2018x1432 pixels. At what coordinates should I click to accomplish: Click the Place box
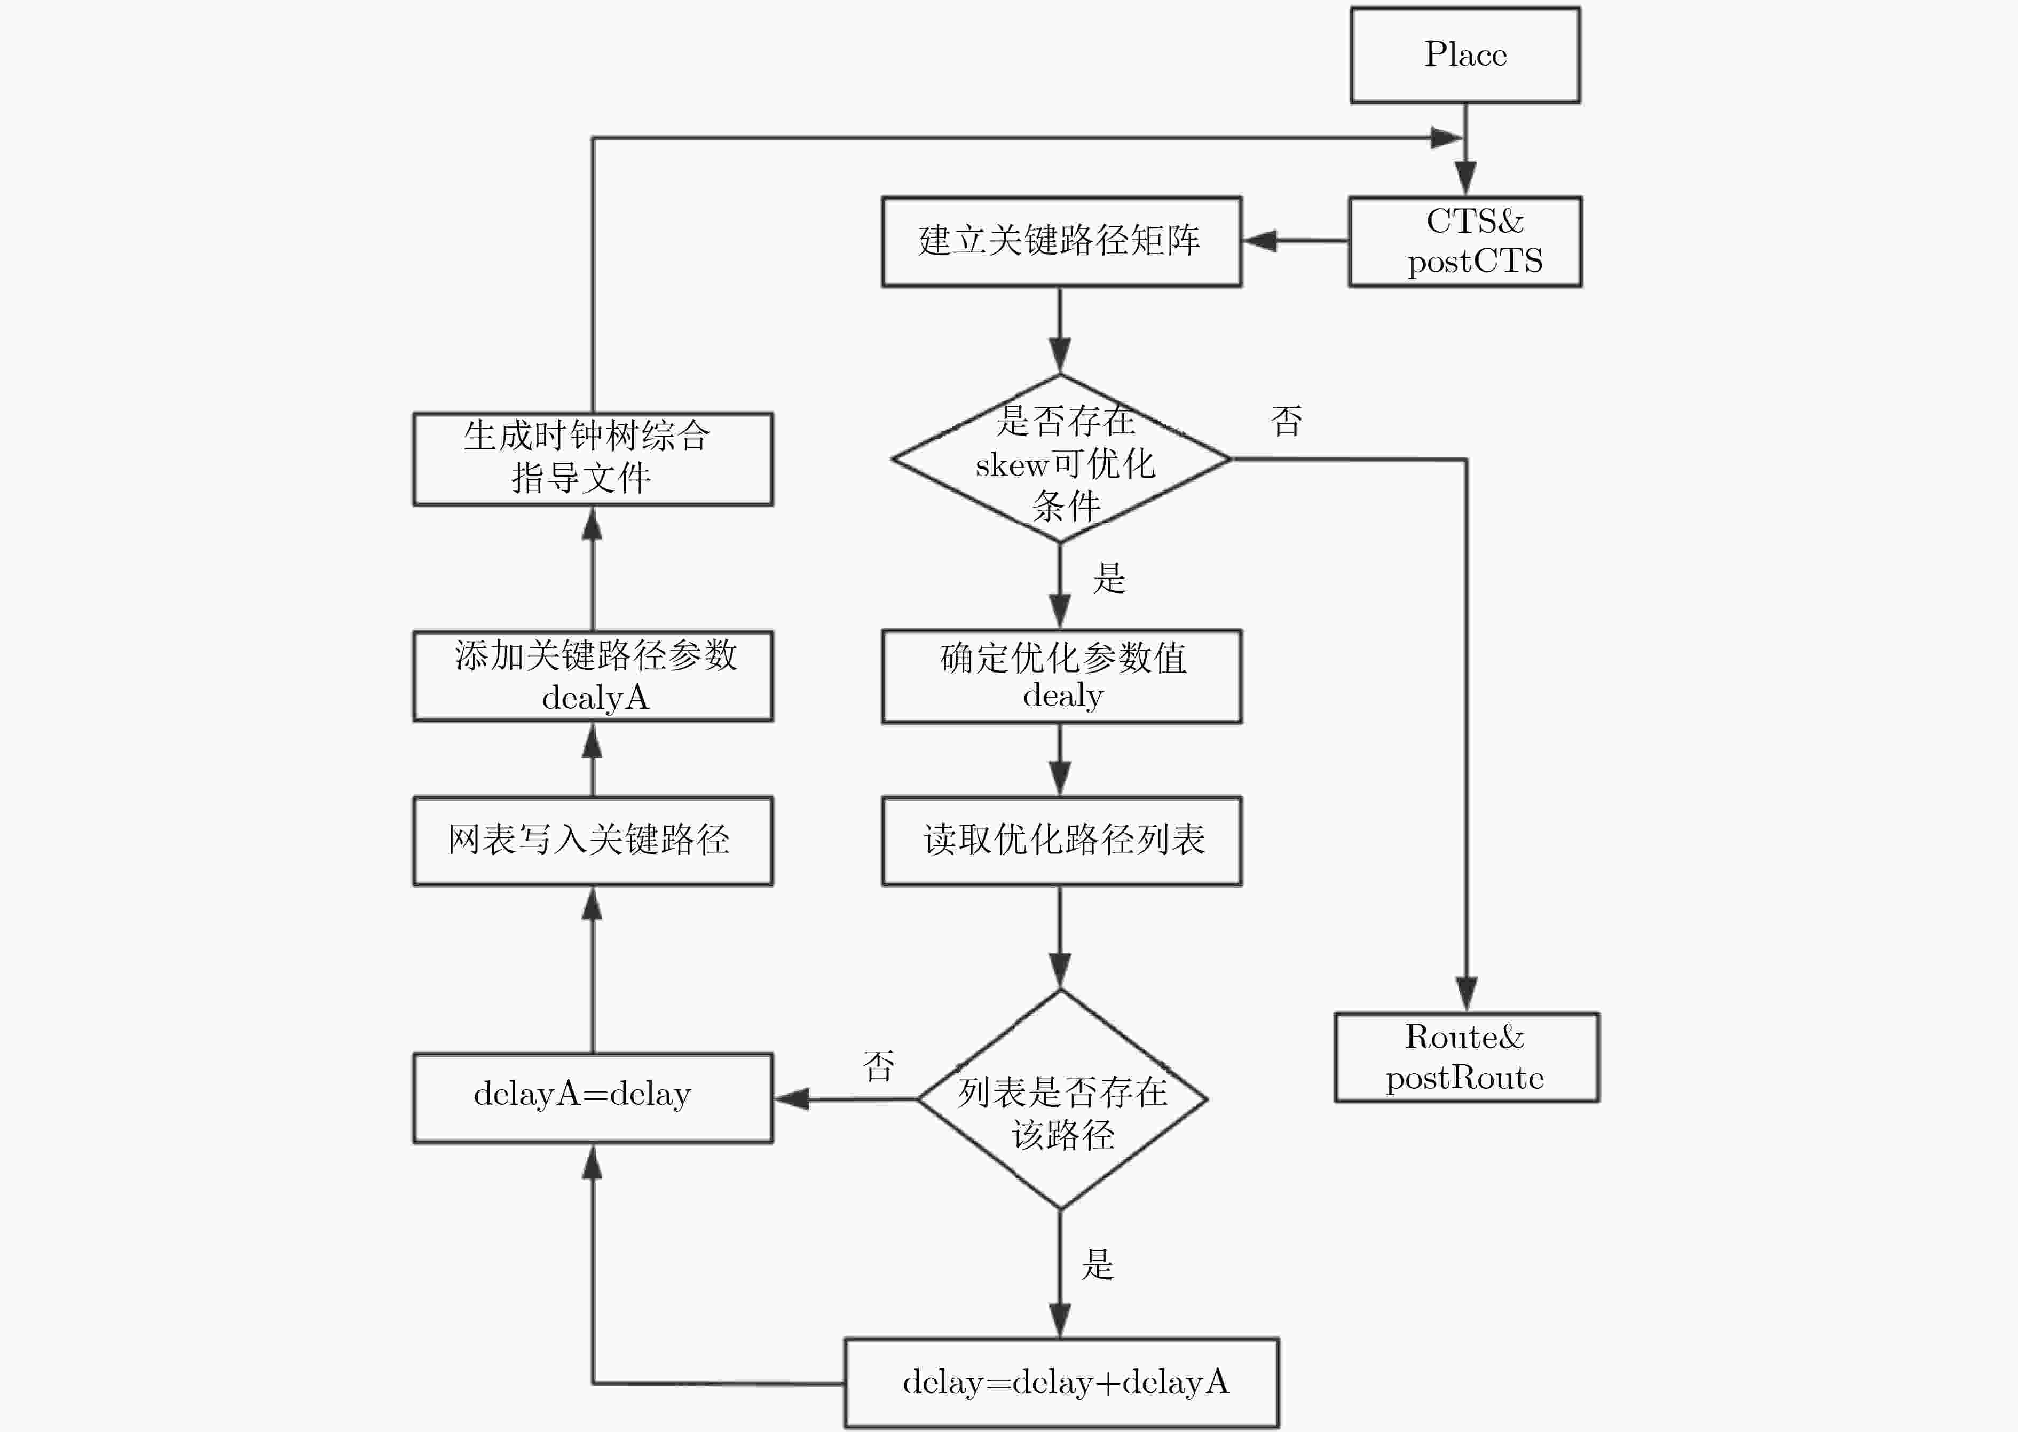click(1465, 54)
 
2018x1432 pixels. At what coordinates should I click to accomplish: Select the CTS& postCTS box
click(1465, 241)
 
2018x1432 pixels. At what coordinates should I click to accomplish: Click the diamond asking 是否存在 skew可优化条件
click(1061, 458)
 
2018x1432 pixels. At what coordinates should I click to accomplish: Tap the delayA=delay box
click(593, 1098)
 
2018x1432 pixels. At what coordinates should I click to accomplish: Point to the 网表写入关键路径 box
click(593, 840)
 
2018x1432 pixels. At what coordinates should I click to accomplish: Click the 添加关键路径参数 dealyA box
click(593, 676)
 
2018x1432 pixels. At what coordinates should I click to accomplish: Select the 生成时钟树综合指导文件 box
click(593, 458)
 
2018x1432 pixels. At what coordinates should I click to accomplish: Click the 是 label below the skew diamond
click(1109, 579)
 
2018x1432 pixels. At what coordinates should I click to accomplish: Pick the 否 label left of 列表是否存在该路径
click(878, 1066)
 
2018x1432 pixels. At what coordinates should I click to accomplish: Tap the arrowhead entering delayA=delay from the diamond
click(791, 1099)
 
